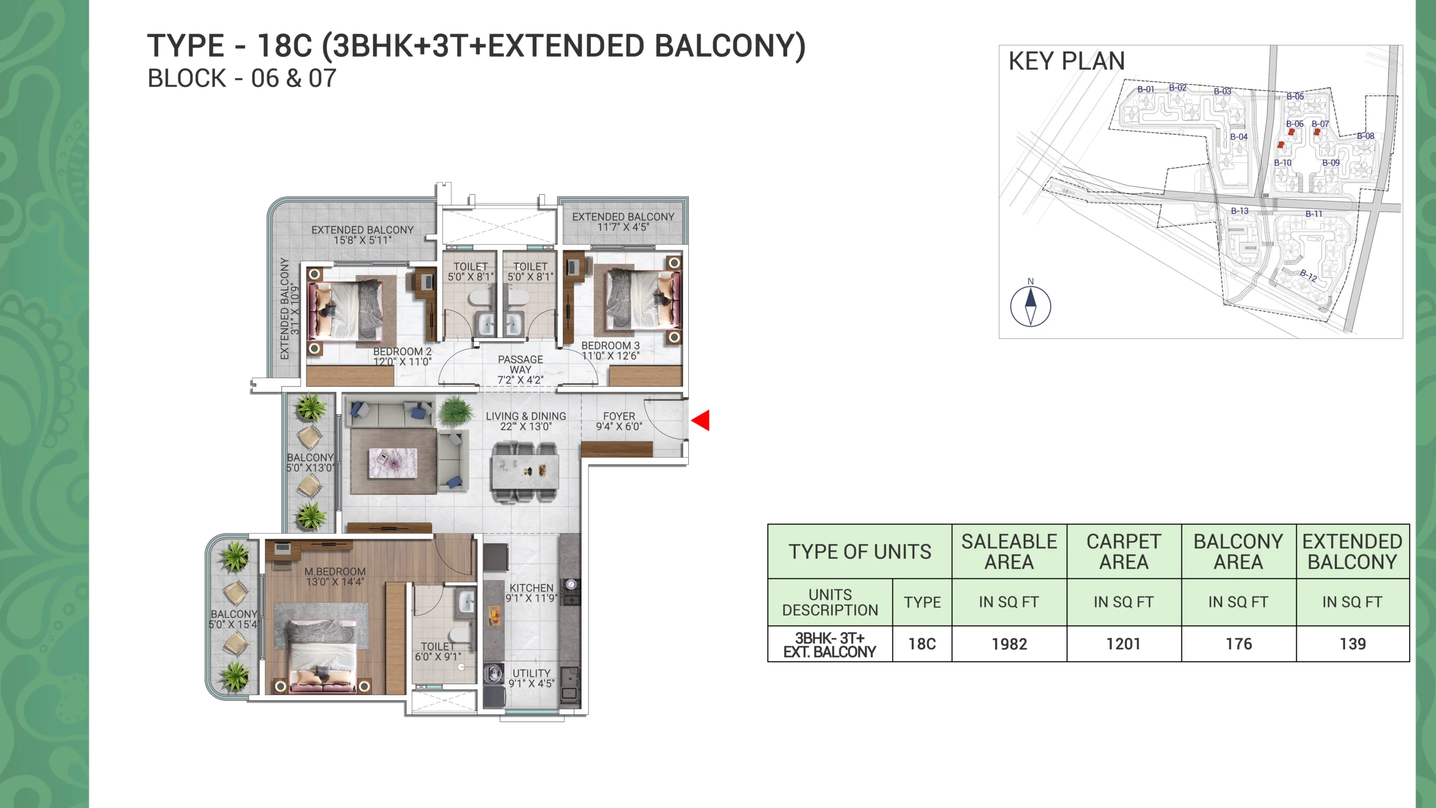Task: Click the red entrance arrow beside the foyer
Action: coord(701,420)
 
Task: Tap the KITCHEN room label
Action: coord(531,587)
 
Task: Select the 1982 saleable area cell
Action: coord(1009,644)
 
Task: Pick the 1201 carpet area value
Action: coord(1124,644)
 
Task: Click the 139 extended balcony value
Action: coord(1352,644)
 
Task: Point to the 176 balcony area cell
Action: coord(1239,644)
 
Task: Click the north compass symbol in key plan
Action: coord(1030,306)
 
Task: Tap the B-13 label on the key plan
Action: coord(1240,211)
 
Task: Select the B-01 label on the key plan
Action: coord(1145,89)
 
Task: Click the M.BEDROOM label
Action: coord(335,571)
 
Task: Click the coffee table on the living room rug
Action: coord(393,463)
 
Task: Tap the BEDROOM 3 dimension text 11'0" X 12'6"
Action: coord(610,356)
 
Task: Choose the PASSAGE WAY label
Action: coord(520,364)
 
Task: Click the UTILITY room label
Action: coord(531,673)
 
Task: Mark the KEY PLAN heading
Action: coord(1066,61)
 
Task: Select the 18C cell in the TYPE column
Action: coord(922,644)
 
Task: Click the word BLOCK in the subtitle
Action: coord(186,79)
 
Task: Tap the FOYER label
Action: coord(619,416)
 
